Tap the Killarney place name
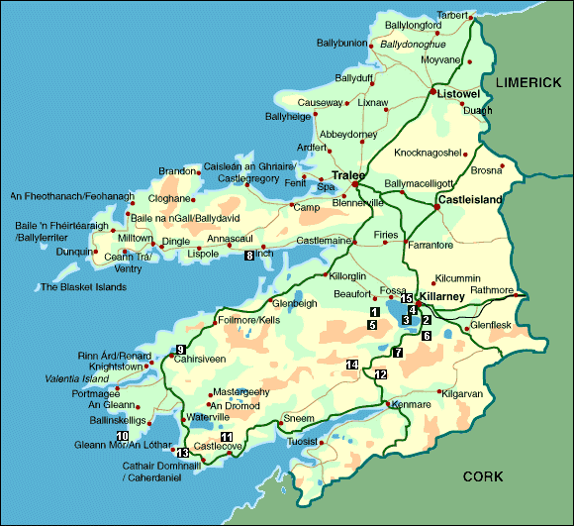click(x=441, y=295)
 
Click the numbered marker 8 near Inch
click(x=249, y=256)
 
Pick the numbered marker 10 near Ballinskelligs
click(x=123, y=435)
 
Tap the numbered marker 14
click(x=351, y=365)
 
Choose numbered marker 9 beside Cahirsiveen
click(x=180, y=348)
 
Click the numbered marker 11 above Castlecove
click(x=227, y=437)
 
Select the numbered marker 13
click(x=182, y=453)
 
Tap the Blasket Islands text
click(x=83, y=287)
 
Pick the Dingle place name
click(x=176, y=241)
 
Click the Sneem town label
click(x=300, y=419)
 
